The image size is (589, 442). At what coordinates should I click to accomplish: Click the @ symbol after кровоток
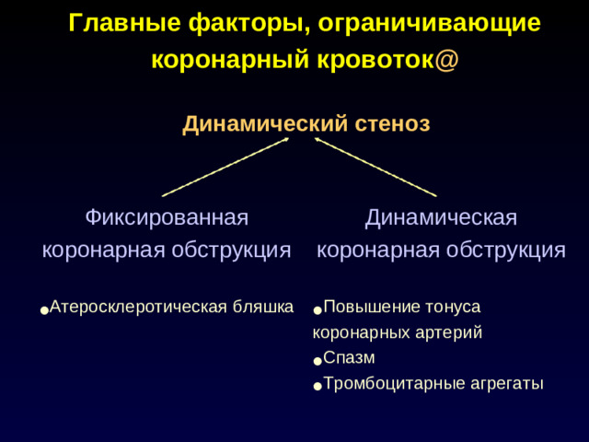449,60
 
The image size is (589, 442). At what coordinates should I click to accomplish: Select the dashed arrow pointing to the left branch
225,167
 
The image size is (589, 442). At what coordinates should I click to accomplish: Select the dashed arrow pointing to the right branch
375,167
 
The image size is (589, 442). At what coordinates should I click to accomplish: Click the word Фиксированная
167,218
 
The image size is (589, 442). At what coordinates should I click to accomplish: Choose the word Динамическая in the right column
440,218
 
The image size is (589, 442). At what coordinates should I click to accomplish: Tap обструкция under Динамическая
508,250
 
